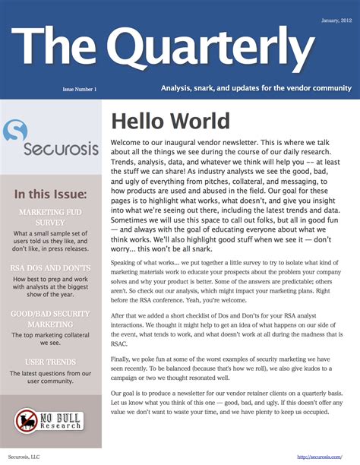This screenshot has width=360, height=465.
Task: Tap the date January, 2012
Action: [x=334, y=20]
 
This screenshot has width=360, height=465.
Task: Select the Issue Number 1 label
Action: [x=79, y=89]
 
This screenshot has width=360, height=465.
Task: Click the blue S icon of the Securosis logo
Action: [x=16, y=132]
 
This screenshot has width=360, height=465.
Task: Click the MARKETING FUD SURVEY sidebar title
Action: [x=51, y=216]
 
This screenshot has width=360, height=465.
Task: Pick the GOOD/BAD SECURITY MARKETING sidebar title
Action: [x=51, y=318]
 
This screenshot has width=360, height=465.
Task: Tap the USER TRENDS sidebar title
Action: [x=51, y=361]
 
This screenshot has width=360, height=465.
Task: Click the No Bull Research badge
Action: [x=50, y=420]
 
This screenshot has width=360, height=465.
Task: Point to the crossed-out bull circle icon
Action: [x=27, y=421]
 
